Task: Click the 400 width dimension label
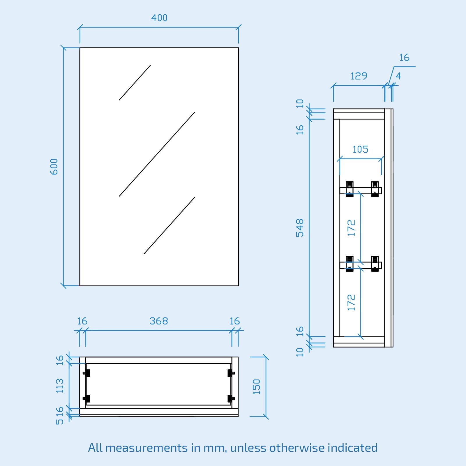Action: [x=159, y=18]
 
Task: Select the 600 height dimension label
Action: [x=54, y=167]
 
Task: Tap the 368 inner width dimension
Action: [x=159, y=321]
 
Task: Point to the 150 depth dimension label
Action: [x=257, y=387]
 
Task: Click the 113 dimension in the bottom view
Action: [x=60, y=386]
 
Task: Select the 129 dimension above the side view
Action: [x=359, y=76]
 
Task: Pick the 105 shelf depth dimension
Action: [x=360, y=150]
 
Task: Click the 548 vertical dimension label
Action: [x=300, y=228]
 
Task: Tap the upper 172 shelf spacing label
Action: [x=352, y=228]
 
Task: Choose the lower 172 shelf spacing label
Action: [x=352, y=302]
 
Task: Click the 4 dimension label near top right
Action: [x=398, y=76]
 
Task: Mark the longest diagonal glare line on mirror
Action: [x=157, y=154]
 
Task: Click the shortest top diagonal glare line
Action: [x=135, y=83]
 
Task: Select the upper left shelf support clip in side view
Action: [x=349, y=189]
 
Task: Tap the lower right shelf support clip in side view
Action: [x=375, y=264]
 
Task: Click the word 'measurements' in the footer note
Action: [x=146, y=448]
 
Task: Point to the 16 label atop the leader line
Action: [x=404, y=58]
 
